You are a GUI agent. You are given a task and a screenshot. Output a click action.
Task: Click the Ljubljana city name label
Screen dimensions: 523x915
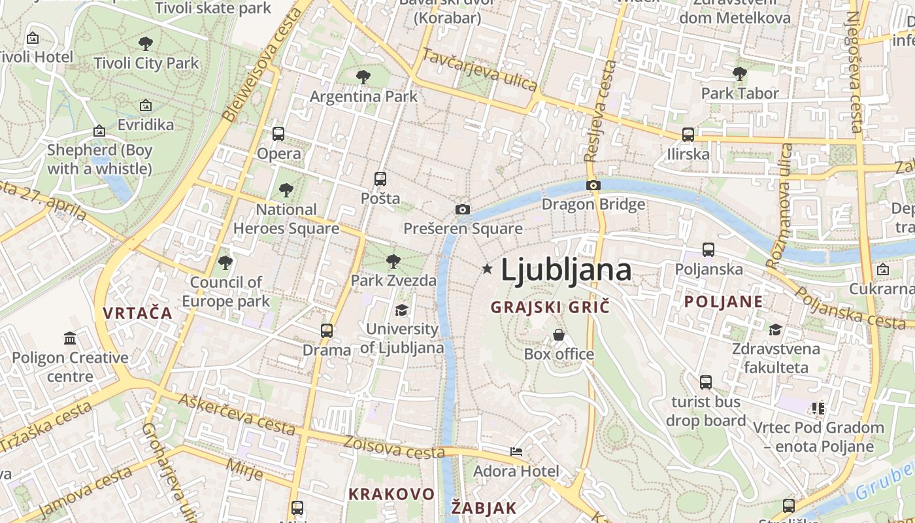click(566, 270)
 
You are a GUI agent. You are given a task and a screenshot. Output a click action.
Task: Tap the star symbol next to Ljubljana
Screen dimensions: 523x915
click(487, 269)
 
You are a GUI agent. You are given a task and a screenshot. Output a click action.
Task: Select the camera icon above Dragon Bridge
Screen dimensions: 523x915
click(593, 186)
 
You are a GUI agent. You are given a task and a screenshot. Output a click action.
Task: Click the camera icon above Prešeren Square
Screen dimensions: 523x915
click(463, 210)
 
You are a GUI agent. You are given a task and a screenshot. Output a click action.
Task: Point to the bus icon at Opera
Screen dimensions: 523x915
click(278, 134)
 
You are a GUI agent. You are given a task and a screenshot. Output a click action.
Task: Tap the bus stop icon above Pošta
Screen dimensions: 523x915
click(380, 179)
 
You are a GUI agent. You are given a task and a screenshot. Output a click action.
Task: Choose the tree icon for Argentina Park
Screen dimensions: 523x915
click(363, 78)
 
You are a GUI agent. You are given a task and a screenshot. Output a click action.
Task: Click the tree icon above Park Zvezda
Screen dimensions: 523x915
click(393, 262)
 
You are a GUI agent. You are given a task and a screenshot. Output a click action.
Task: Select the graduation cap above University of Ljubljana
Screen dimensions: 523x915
click(401, 310)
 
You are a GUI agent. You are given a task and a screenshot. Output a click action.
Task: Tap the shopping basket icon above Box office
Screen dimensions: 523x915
click(559, 335)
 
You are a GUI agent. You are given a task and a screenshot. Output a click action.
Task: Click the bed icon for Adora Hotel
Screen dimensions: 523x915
click(516, 452)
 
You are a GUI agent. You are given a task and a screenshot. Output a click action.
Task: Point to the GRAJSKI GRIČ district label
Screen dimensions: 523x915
click(550, 307)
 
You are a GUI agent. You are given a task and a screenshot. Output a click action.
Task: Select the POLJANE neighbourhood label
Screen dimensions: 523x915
click(724, 301)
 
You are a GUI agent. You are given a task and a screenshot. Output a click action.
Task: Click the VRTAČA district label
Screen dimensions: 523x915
click(137, 313)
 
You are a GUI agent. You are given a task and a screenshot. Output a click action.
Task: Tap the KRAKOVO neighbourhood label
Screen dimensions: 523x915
click(391, 494)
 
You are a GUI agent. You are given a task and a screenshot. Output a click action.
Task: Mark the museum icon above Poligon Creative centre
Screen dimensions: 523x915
click(70, 338)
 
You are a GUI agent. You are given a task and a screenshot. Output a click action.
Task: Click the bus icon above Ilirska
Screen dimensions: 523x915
click(688, 135)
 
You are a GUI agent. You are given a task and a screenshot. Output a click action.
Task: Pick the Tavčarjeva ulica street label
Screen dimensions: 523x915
click(480, 70)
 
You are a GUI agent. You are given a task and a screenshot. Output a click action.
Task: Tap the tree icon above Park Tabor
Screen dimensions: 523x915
click(740, 74)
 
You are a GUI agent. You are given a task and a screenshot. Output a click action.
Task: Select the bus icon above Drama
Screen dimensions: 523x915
click(327, 331)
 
